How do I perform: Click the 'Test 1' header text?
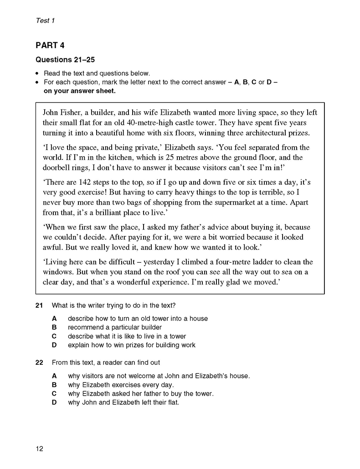[x=45, y=20]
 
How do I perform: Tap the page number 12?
[x=39, y=449]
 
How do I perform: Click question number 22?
[x=39, y=362]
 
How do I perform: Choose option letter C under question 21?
[x=54, y=336]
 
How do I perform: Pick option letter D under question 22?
[x=54, y=403]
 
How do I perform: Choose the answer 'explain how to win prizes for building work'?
[x=131, y=345]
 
